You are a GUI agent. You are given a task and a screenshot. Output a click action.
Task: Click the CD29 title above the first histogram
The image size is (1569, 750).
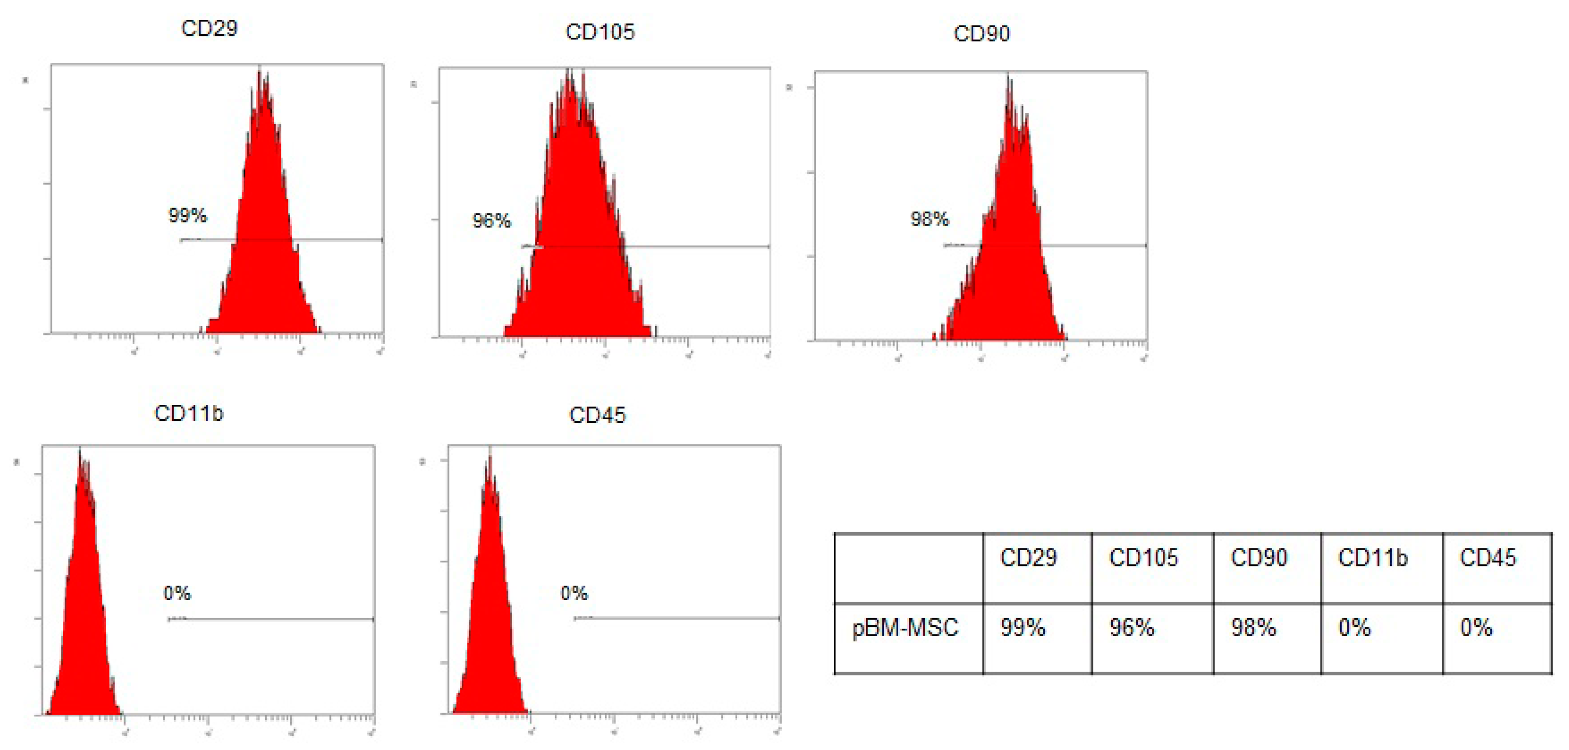tap(209, 28)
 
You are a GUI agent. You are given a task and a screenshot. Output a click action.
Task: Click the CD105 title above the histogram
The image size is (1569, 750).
tap(599, 32)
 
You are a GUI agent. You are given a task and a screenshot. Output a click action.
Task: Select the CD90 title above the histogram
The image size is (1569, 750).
tap(981, 34)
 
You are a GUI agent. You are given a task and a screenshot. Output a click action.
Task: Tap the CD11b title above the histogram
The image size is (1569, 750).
tap(189, 413)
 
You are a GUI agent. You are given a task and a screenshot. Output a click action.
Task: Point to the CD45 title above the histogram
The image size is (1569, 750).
tap(597, 415)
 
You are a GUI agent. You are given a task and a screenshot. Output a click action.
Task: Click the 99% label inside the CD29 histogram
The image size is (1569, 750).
tap(188, 215)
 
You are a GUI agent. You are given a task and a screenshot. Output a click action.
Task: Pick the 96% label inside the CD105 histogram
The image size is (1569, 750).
tap(491, 220)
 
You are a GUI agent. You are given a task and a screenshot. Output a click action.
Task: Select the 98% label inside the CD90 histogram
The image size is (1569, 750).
tap(929, 219)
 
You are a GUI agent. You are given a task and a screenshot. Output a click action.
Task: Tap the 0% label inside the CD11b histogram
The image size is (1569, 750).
tap(177, 593)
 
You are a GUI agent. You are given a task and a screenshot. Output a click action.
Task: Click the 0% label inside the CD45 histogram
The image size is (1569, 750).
tap(574, 593)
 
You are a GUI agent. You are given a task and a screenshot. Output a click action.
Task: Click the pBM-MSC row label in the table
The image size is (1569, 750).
tap(905, 627)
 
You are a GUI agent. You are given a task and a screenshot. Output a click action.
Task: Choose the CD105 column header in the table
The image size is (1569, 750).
tap(1143, 557)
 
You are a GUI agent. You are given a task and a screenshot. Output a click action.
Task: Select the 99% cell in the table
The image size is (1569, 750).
tap(1023, 627)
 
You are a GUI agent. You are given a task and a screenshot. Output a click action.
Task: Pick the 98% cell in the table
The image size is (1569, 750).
tap(1253, 627)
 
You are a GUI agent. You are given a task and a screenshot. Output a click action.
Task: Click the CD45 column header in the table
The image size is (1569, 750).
tap(1488, 557)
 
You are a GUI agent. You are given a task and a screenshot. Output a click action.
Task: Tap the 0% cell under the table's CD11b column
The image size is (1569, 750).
tap(1354, 627)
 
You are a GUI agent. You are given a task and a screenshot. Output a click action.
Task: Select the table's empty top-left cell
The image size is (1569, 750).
tap(908, 568)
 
